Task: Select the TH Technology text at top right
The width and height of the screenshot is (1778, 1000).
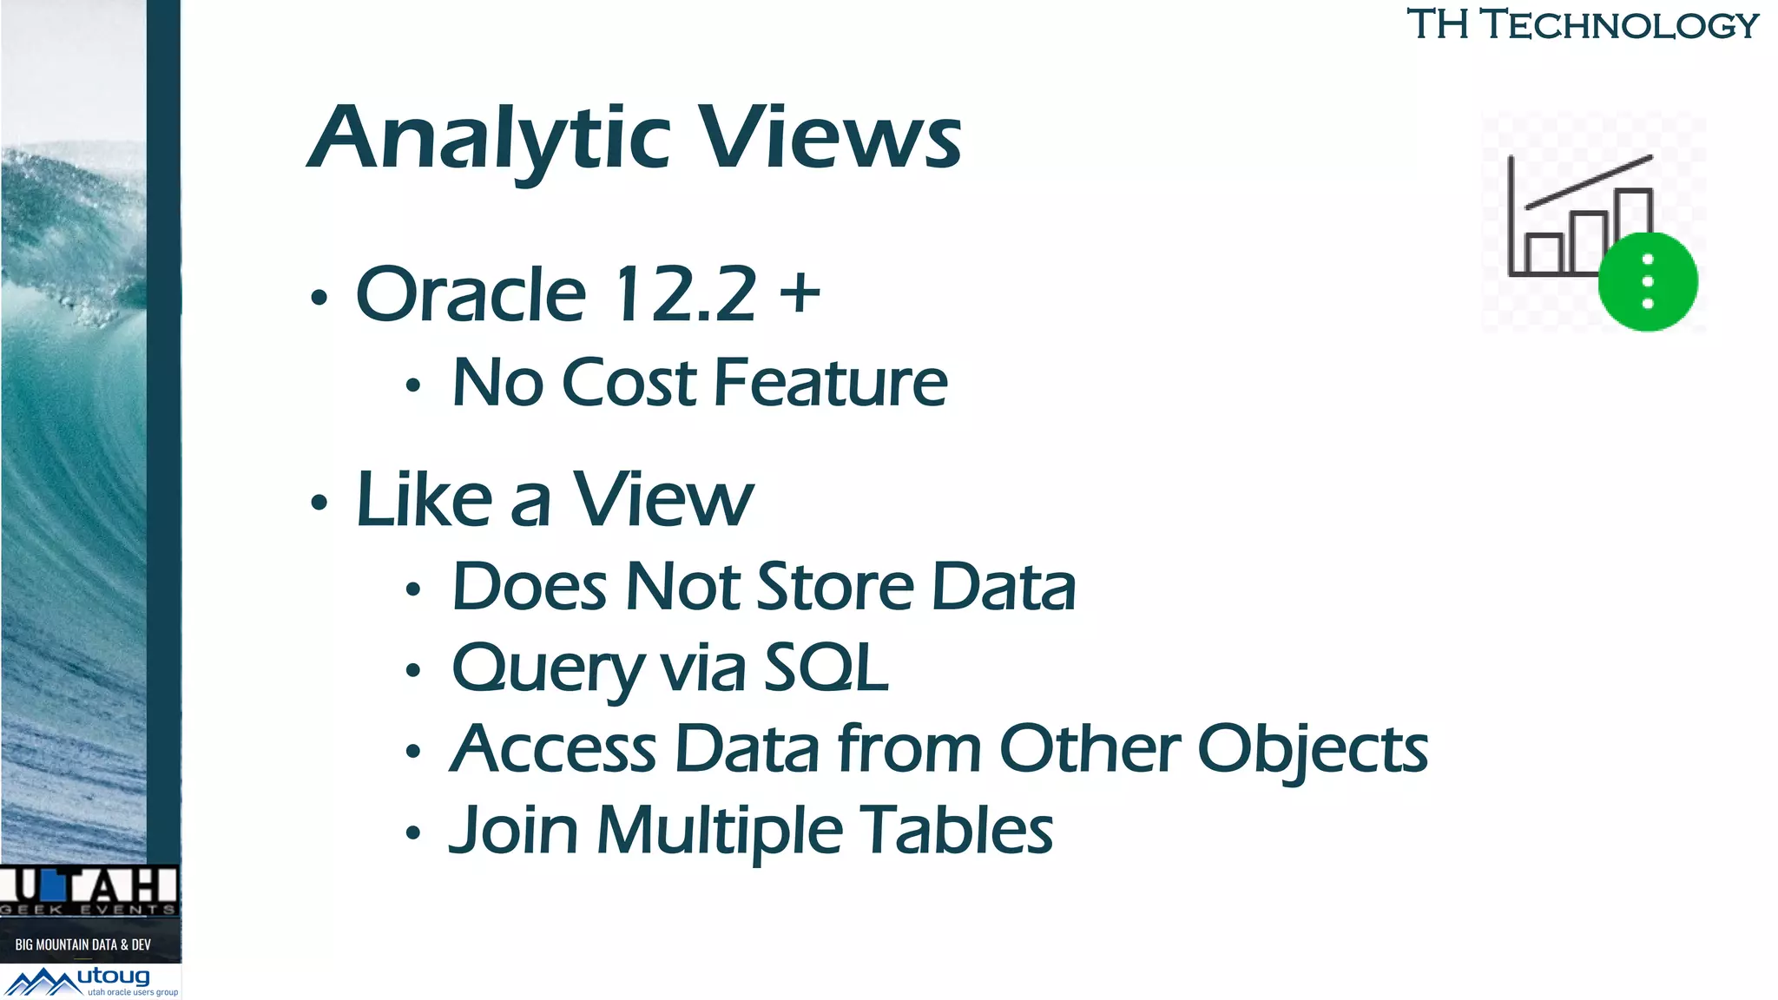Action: click(1582, 24)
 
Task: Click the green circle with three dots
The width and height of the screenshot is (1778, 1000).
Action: click(1647, 281)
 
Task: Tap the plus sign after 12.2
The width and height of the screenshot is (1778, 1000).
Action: click(800, 292)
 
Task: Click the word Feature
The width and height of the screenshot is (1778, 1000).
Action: click(831, 383)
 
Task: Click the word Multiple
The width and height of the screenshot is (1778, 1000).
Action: click(719, 832)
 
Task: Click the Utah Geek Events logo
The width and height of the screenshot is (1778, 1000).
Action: click(89, 891)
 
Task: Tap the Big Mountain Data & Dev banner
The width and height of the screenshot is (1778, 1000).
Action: click(83, 944)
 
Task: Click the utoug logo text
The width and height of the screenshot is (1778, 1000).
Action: click(114, 977)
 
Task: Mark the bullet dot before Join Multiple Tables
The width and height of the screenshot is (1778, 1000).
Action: click(413, 834)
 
